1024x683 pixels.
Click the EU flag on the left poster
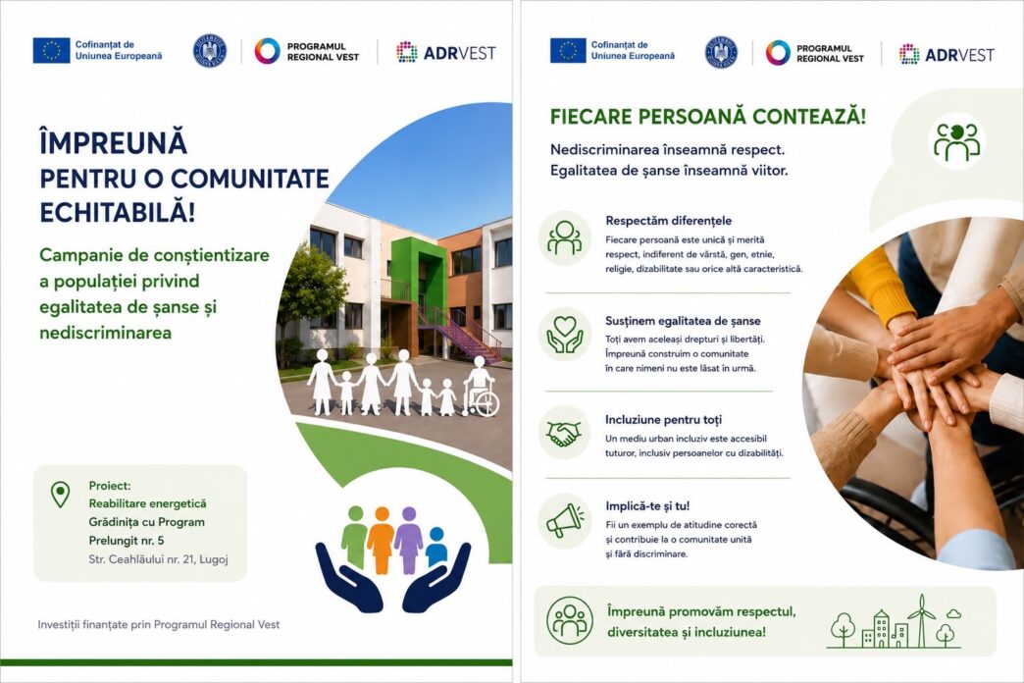pos(51,50)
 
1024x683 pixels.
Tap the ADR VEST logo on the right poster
pos(947,54)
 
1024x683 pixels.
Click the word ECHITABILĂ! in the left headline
pos(118,213)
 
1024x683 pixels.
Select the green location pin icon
pos(60,495)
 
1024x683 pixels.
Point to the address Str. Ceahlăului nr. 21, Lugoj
pos(158,559)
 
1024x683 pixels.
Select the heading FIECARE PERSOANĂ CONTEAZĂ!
pos(708,117)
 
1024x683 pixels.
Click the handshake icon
pos(564,434)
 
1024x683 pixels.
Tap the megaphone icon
pos(565,520)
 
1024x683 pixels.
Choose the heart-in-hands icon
pos(565,334)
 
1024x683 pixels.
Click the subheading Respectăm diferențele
pos(669,221)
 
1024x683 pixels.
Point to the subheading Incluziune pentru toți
pos(663,420)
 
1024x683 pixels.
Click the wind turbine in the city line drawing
pos(921,619)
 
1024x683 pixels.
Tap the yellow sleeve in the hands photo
pos(879,285)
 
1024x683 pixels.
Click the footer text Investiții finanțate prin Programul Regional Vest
pos(159,625)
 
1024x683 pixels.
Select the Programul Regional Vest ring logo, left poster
pos(267,51)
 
